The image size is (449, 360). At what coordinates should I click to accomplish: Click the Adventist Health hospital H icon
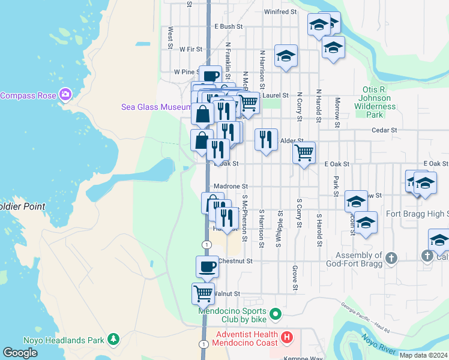tap(286, 338)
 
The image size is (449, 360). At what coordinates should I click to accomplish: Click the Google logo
tap(20, 353)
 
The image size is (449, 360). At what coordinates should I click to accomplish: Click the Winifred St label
tap(280, 11)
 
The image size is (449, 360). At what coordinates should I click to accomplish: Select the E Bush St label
tap(228, 26)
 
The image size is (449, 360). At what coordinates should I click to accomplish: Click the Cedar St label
tap(384, 130)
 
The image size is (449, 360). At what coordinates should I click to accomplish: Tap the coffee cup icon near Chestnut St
tap(208, 266)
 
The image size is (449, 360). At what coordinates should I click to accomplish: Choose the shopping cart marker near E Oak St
tap(304, 153)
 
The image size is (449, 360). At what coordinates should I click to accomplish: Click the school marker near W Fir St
tap(286, 56)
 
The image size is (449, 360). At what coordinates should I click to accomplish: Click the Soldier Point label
tap(23, 206)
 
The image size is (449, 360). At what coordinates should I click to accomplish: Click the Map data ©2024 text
tap(423, 355)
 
